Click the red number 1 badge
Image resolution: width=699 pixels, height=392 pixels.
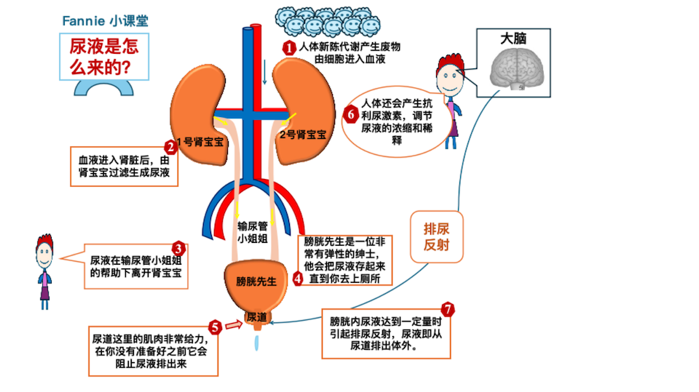point(289,48)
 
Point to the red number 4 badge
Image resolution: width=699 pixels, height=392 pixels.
point(298,278)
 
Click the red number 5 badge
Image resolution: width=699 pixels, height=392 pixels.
point(215,327)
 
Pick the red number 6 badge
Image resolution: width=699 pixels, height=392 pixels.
point(350,114)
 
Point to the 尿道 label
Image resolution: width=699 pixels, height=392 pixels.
point(257,317)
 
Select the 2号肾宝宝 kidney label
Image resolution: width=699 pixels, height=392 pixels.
point(303,135)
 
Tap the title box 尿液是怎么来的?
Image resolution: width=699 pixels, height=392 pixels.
point(103,57)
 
